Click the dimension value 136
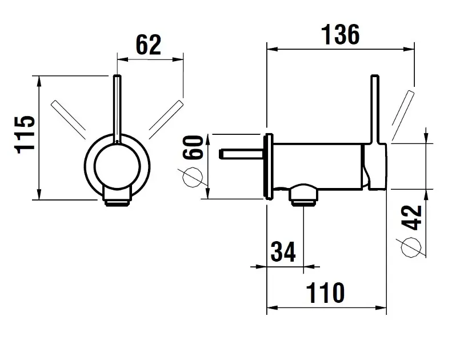pyautogui.click(x=341, y=35)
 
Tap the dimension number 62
pyautogui.click(x=149, y=45)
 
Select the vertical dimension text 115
pyautogui.click(x=25, y=134)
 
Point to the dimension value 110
pyautogui.click(x=325, y=293)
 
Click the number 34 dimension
pyautogui.click(x=283, y=251)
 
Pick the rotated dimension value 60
pyautogui.click(x=193, y=147)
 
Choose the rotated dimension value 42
pyautogui.click(x=411, y=217)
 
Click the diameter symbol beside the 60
pyautogui.click(x=193, y=177)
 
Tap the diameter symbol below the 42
pyautogui.click(x=411, y=247)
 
